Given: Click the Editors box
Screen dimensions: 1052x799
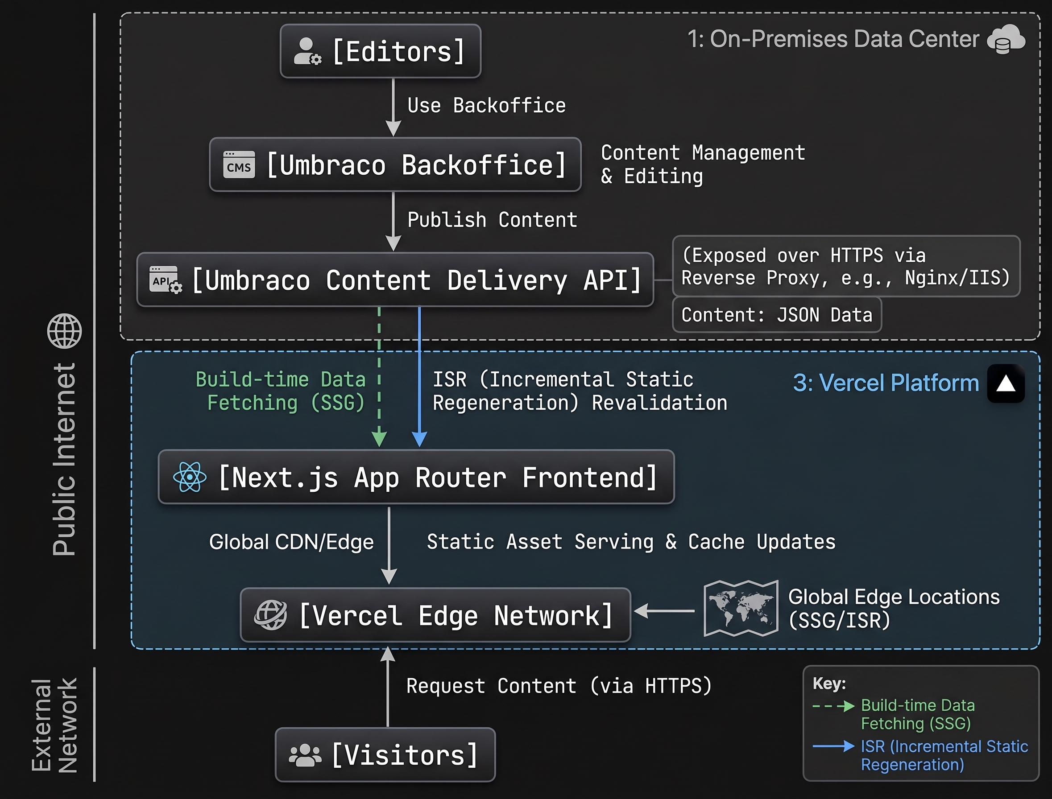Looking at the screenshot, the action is [x=381, y=51].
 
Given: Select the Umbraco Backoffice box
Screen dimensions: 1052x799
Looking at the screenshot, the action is [x=395, y=165].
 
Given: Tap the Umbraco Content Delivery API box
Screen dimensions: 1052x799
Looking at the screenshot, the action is [x=395, y=280].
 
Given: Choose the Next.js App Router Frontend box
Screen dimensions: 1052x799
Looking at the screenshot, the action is [x=416, y=477].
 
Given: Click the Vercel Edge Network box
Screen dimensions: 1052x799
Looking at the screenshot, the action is [x=435, y=615].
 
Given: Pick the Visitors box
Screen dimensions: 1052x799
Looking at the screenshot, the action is [x=385, y=754].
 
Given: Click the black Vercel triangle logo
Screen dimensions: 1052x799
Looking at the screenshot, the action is [x=1006, y=383].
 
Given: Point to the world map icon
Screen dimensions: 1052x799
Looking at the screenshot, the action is [x=741, y=608].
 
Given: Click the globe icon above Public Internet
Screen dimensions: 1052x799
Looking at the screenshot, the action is [x=65, y=331].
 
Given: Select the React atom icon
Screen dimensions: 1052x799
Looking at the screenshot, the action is [x=190, y=477].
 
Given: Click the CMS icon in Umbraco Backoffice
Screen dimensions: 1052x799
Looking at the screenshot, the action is [x=239, y=165].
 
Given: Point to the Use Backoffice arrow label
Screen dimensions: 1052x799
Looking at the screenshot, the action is [x=486, y=106].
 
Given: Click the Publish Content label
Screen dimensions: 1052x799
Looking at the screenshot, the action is [x=492, y=220].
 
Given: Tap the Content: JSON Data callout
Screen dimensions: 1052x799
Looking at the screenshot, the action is [x=777, y=315].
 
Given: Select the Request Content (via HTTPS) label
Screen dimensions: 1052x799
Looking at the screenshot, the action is [x=559, y=686].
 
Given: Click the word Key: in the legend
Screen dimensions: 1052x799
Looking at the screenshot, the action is [x=829, y=684].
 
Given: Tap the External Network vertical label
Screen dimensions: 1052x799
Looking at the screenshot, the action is [x=54, y=725].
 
